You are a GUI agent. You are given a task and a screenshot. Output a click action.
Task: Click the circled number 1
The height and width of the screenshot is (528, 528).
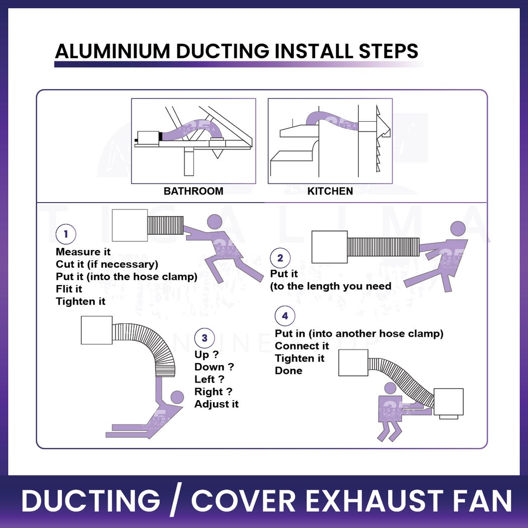click(65, 234)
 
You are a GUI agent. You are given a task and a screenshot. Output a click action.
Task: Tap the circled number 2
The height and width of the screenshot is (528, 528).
click(280, 258)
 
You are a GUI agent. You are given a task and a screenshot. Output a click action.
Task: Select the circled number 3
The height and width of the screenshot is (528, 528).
click(204, 338)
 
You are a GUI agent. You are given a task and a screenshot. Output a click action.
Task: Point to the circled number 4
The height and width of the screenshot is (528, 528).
click(285, 316)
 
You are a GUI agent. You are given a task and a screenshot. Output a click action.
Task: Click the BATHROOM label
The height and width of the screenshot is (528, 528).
click(193, 191)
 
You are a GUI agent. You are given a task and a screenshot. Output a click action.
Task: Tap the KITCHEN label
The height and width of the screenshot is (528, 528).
click(330, 191)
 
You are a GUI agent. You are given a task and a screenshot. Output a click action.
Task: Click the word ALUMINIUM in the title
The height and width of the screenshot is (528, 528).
click(112, 51)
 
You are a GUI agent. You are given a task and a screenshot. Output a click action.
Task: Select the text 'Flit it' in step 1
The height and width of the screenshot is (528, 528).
click(69, 289)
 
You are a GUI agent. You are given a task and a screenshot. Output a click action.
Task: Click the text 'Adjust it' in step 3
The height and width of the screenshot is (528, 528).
click(217, 404)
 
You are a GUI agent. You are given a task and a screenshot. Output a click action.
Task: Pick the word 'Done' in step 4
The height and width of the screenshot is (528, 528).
click(289, 371)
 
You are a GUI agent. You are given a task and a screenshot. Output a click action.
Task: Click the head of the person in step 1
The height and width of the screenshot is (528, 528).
click(215, 222)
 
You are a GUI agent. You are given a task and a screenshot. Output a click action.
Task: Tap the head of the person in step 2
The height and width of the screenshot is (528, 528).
click(458, 228)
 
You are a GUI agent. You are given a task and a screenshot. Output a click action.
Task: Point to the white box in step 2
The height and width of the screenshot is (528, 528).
click(329, 247)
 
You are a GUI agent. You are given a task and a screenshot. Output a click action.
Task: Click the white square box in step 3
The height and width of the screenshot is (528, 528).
click(96, 331)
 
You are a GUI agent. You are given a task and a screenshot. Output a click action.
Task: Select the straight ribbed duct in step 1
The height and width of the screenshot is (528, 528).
click(166, 226)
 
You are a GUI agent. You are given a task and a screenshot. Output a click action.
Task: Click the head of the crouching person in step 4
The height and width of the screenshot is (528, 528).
click(390, 388)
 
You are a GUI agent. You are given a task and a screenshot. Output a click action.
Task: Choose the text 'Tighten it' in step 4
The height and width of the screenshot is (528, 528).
click(300, 358)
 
